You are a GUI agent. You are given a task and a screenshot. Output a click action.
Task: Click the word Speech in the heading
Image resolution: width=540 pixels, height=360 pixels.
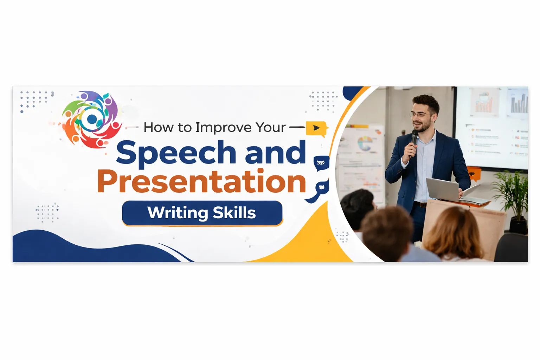[176, 153]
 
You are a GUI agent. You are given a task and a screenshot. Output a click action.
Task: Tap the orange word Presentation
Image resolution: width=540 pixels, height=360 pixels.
[201, 182]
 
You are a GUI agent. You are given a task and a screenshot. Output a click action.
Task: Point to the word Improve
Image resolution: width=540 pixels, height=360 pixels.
[223, 127]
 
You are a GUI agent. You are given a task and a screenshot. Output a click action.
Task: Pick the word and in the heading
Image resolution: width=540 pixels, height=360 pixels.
[275, 153]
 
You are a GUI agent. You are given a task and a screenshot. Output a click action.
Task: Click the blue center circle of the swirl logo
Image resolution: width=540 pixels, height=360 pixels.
[92, 119]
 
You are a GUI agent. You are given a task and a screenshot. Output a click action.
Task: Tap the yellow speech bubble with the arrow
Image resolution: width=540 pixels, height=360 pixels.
[316, 128]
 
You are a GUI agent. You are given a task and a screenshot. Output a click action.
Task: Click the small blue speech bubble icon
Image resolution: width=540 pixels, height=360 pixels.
[321, 163]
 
